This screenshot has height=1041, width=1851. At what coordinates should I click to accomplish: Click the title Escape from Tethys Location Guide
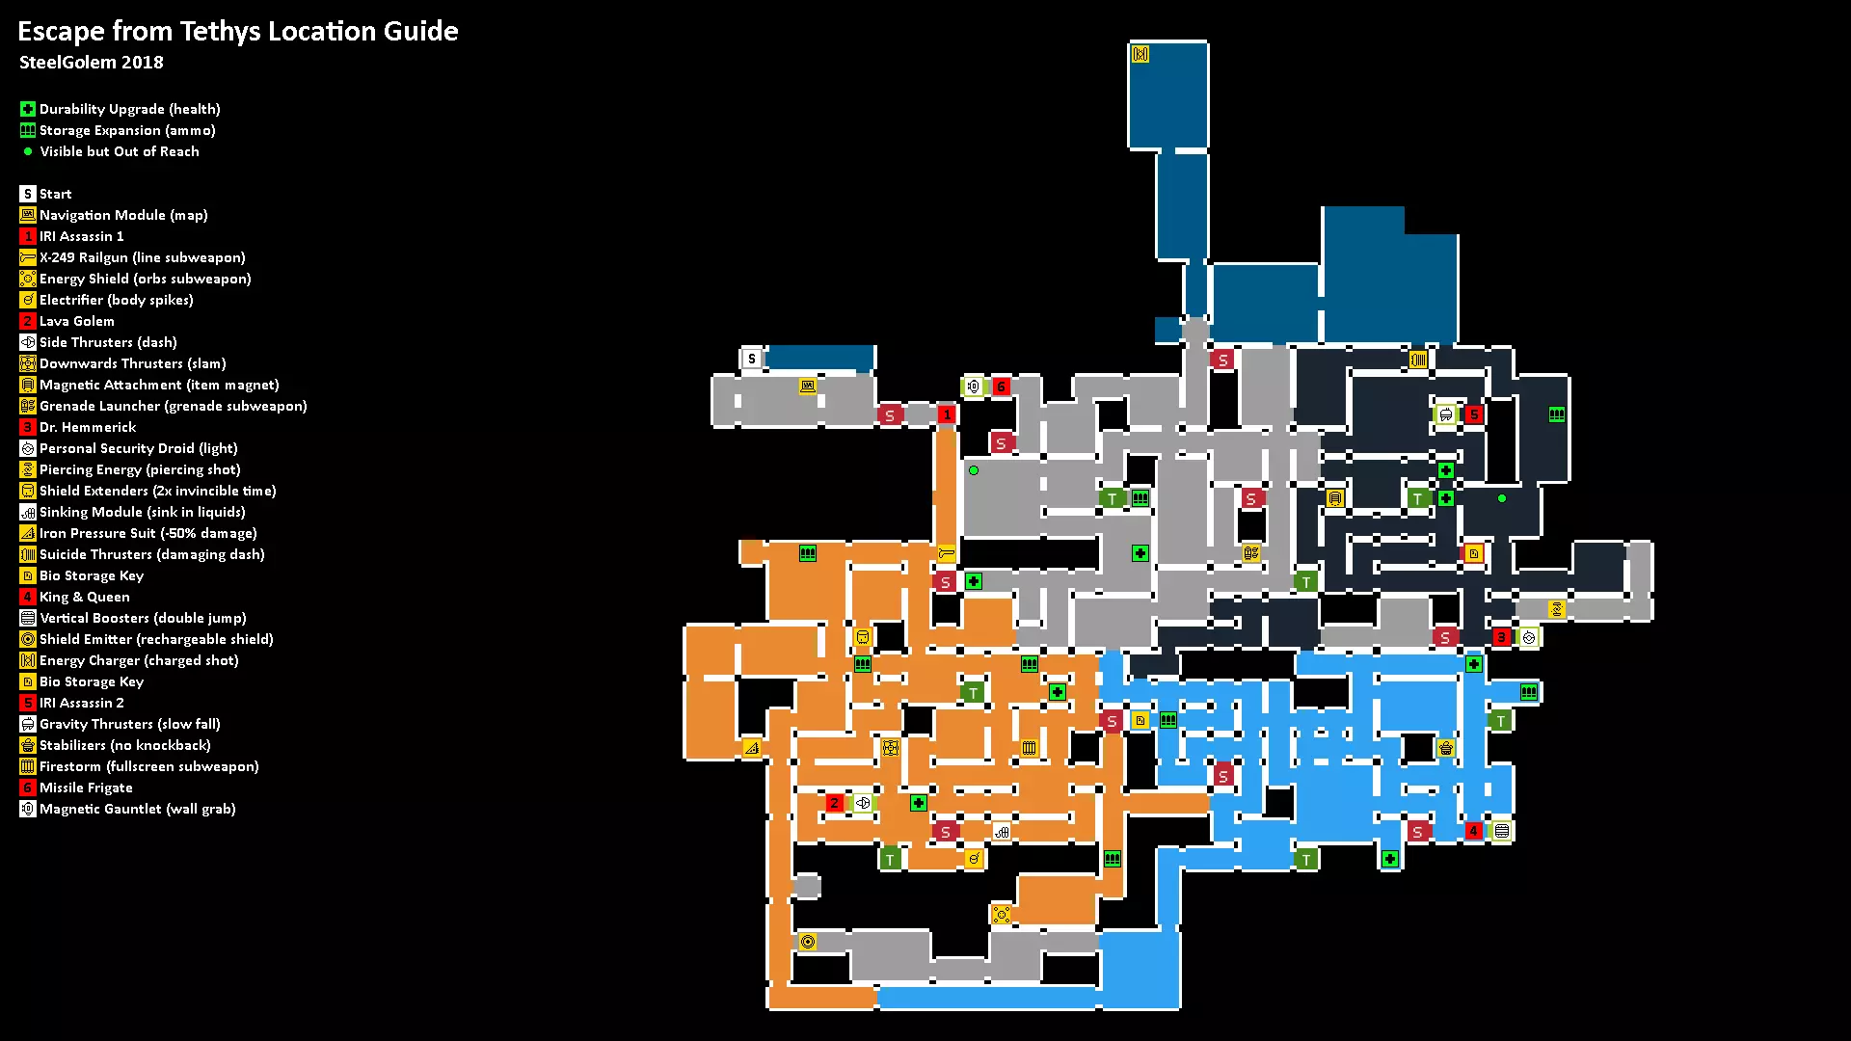coord(238,31)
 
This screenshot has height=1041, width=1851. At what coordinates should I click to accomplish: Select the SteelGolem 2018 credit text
coord(92,63)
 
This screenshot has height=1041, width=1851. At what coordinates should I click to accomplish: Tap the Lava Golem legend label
coord(77,321)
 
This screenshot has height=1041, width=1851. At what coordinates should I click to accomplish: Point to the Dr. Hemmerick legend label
coord(88,427)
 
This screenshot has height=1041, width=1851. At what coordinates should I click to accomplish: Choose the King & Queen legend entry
coord(85,597)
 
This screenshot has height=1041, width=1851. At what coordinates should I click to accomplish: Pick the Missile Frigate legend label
coord(86,787)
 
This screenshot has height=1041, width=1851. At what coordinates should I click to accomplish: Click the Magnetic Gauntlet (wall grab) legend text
coord(138,809)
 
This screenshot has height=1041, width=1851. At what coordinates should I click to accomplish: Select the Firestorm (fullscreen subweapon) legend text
coord(149,766)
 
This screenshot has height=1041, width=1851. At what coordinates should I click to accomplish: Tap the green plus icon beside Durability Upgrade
coord(28,109)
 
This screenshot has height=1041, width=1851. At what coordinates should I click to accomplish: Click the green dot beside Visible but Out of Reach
coord(28,151)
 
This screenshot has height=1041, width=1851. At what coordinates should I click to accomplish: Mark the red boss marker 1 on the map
coord(947,414)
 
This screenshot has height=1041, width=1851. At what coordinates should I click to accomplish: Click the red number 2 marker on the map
coord(835,803)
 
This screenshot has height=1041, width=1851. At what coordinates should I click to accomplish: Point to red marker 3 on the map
coord(1501,637)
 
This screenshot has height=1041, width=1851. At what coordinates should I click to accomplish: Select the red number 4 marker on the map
coord(1473,831)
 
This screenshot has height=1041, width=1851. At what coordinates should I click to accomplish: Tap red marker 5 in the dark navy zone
coord(1473,414)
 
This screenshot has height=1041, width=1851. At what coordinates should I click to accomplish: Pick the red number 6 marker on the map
coord(1001,387)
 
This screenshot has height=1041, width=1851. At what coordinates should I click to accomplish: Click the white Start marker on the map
coord(752,359)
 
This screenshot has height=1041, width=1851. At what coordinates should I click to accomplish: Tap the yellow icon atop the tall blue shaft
coord(1140,54)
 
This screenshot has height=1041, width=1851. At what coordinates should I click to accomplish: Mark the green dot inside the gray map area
coord(974,470)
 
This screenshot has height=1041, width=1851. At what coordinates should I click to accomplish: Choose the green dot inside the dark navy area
coord(1502,498)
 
